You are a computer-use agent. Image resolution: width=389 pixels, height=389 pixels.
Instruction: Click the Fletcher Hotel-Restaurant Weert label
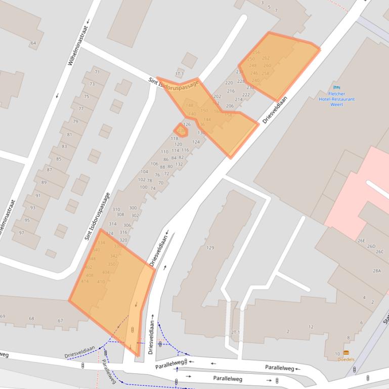[336, 99]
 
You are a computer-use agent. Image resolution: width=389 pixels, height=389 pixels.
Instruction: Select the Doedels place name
[346, 359]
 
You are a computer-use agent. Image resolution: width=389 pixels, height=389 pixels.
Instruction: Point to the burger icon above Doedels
[346, 353]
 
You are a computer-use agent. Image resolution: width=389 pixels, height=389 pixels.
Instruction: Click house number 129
[210, 248]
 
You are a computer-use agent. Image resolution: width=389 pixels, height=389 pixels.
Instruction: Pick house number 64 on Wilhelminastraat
[33, 43]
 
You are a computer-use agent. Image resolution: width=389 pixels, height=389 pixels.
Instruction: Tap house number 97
[21, 232]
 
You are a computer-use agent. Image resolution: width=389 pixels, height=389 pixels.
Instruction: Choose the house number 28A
[376, 271]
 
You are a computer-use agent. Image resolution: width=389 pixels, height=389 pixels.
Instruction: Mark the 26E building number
[361, 240]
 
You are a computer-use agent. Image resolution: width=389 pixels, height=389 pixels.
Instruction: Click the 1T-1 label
[179, 74]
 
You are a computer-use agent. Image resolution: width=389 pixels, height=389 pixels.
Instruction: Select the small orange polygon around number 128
[181, 130]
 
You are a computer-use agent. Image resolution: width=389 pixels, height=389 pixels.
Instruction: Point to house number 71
[97, 72]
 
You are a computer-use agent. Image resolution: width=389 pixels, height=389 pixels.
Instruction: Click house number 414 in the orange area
[84, 281]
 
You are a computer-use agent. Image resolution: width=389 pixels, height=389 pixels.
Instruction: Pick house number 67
[60, 321]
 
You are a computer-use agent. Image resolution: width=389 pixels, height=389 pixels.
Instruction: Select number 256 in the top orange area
[256, 53]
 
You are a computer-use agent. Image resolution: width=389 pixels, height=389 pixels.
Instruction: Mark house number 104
[144, 172]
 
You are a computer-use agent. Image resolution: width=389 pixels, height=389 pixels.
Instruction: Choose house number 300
[133, 208]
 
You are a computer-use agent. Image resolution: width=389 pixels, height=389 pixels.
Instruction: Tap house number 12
[311, 327]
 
